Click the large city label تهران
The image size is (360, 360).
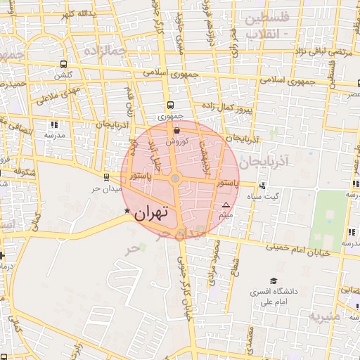[153, 212]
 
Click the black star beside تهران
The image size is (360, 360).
[127, 211]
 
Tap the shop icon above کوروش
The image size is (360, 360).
[176, 130]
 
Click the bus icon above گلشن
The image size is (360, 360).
[64, 64]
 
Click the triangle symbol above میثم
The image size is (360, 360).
[226, 205]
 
